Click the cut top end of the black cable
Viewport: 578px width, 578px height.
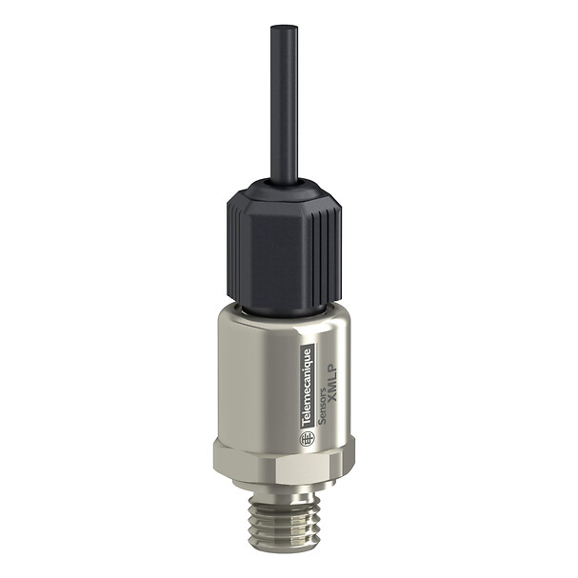point(284,28)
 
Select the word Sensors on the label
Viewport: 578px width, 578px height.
point(321,409)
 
